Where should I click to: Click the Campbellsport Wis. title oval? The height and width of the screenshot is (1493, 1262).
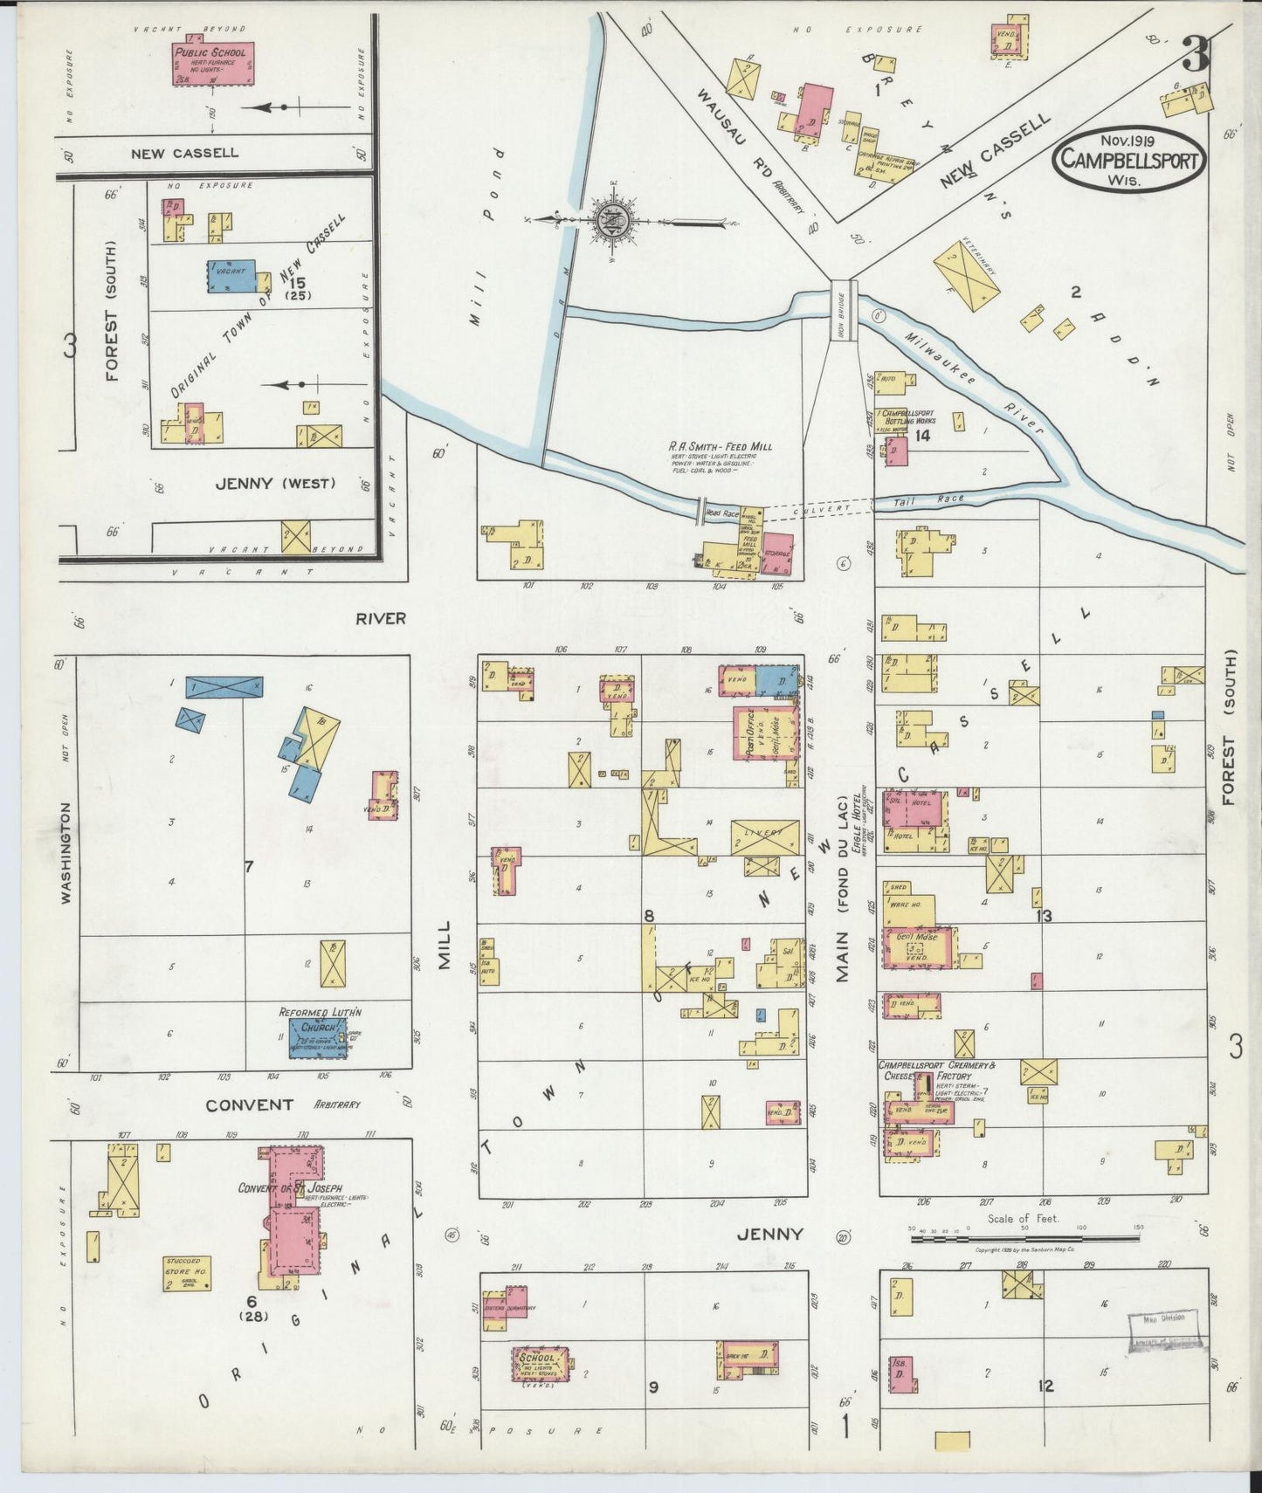click(x=1128, y=159)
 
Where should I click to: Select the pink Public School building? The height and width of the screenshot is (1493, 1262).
click(x=212, y=63)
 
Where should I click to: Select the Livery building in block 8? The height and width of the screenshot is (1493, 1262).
click(x=764, y=837)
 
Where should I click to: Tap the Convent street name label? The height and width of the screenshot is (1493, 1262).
click(x=249, y=1104)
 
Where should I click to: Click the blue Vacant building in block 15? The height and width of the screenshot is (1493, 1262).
click(x=231, y=274)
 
